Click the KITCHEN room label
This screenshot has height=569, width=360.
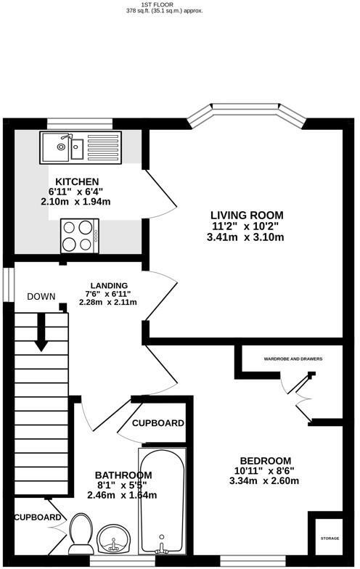(78, 181)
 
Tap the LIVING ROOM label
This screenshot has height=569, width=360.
(247, 215)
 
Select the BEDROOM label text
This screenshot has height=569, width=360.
(266, 461)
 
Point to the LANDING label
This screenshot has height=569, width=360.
(109, 285)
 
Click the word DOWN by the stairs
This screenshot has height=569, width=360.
(41, 297)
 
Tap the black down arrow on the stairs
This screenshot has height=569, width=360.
(41, 334)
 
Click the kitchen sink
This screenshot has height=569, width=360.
(65, 147)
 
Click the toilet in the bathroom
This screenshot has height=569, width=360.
(79, 533)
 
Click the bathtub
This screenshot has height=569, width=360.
(162, 501)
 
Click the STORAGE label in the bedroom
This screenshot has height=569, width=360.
(330, 539)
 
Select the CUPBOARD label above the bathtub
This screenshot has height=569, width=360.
(157, 423)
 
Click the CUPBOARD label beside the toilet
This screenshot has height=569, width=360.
(38, 517)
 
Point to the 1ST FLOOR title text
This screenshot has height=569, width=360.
(180, 4)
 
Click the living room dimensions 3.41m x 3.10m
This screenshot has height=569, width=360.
(247, 236)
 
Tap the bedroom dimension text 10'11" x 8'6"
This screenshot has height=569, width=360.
(266, 471)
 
